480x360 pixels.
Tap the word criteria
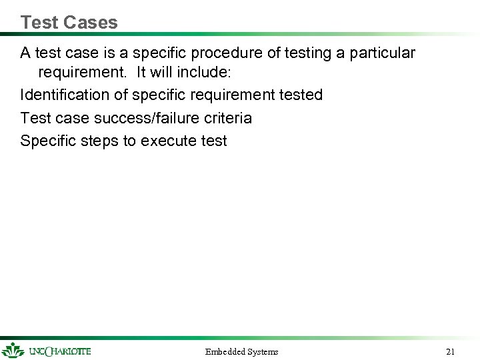click(x=228, y=118)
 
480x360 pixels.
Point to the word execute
click(x=165, y=141)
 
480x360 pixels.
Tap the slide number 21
click(x=450, y=351)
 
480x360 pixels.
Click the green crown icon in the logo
click(x=13, y=350)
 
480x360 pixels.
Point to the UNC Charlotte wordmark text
click(x=60, y=351)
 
